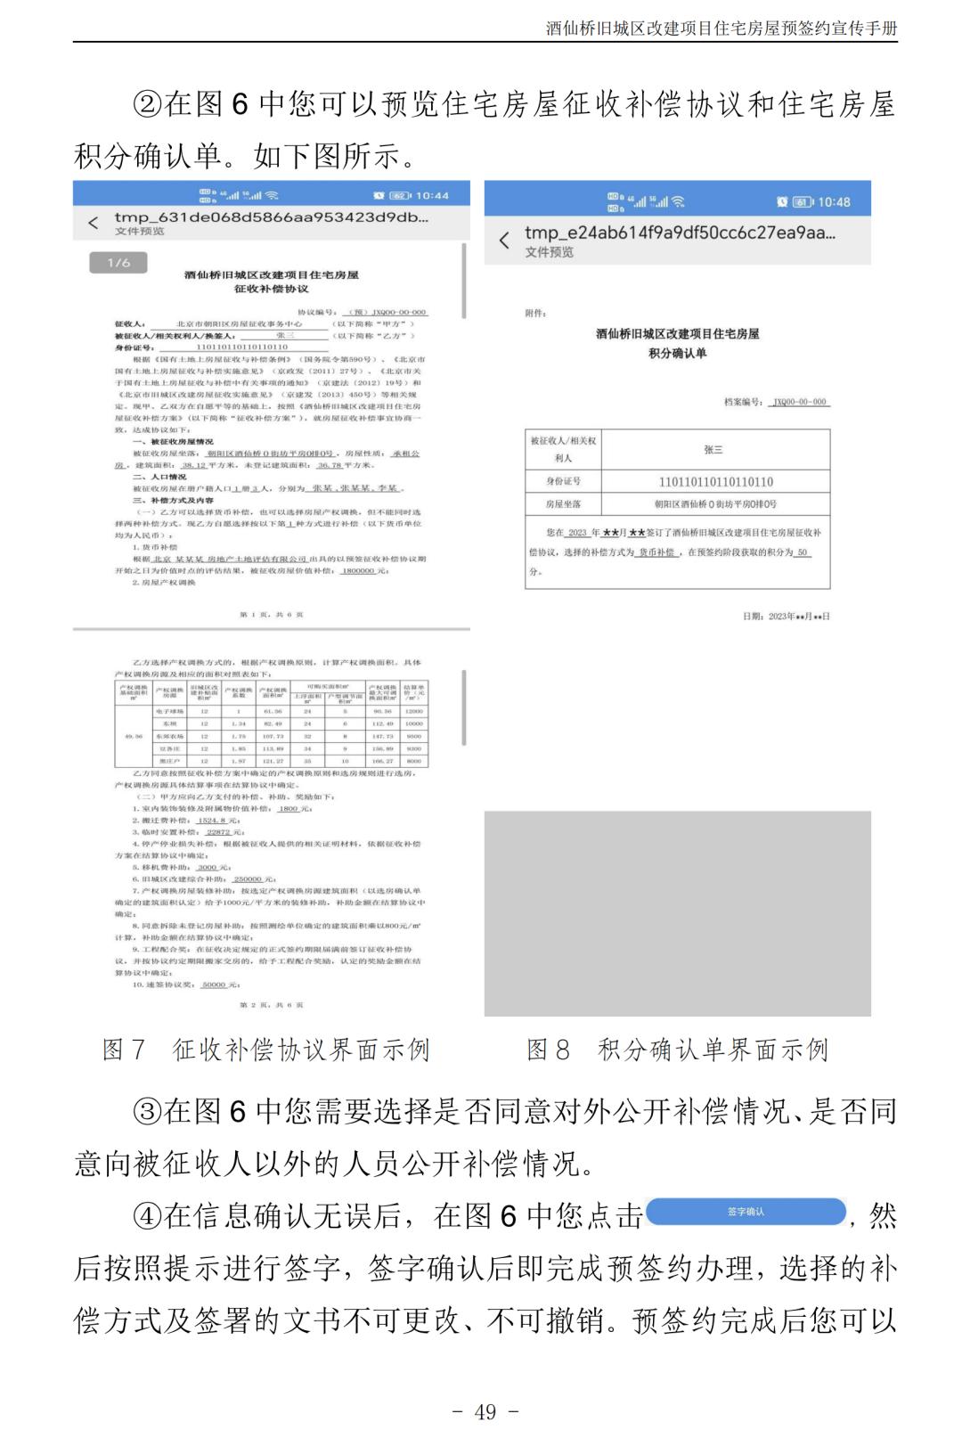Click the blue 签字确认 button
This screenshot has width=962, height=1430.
point(746,1212)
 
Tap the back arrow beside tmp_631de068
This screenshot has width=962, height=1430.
point(93,223)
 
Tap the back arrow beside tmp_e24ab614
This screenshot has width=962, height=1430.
point(504,241)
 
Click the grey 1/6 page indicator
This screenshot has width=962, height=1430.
point(118,263)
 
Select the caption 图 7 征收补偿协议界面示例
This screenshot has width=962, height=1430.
point(265,1050)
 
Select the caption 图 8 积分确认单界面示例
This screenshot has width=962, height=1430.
point(677,1050)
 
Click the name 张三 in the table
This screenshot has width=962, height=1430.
point(713,450)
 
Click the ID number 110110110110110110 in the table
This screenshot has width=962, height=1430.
point(715,482)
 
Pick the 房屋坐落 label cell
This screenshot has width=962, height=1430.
point(563,504)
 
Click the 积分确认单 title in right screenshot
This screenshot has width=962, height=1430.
point(677,353)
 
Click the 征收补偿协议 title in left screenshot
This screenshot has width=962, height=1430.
point(272,289)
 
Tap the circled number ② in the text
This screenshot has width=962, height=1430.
point(147,105)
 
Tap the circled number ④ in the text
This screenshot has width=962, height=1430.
point(147,1216)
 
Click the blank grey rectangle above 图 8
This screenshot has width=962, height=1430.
point(677,913)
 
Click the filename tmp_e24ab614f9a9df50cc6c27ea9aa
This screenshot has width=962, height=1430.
point(680,233)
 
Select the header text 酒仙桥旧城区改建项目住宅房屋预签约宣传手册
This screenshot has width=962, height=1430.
point(721,29)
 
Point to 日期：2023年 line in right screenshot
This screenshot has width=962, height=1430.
point(786,616)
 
